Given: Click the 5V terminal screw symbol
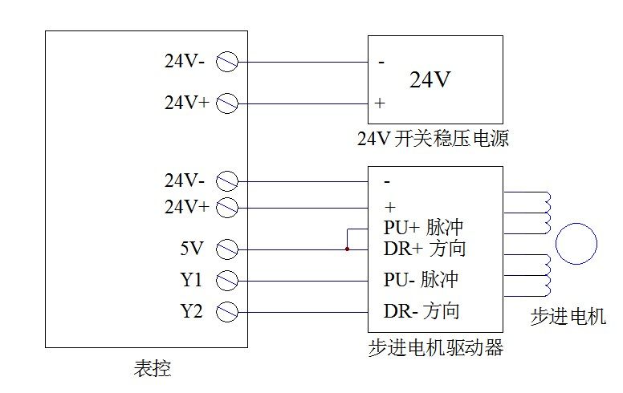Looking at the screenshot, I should tap(228, 249).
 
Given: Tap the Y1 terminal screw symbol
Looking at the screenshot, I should tap(228, 281).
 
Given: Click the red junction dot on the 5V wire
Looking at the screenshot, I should tap(347, 249).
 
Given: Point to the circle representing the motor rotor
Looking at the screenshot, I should tap(576, 244).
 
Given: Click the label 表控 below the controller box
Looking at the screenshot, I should tap(152, 369).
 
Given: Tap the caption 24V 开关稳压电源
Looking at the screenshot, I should tap(434, 139).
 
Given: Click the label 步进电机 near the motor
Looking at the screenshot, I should tap(568, 317).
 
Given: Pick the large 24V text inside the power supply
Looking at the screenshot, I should tap(430, 80).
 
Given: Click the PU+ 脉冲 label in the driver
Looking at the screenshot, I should tap(424, 227).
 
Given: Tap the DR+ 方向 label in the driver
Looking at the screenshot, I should tap(424, 249).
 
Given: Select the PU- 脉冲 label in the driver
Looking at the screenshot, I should tap(421, 281).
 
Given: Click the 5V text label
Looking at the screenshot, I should tap(192, 249).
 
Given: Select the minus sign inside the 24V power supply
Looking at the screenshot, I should tap(381, 62).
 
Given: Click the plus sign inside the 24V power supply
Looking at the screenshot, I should tap(381, 103).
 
